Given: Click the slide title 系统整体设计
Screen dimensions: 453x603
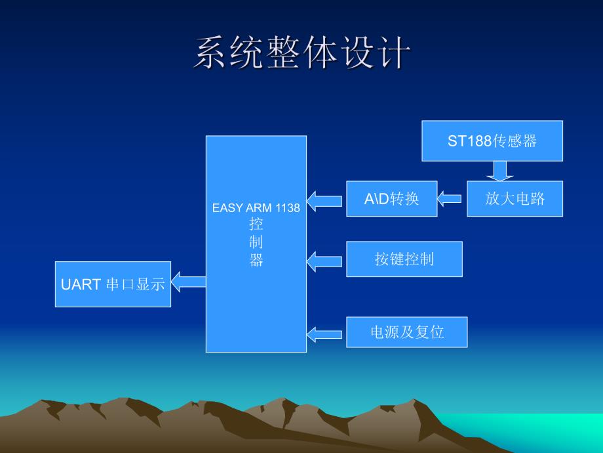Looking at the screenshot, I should click(301, 53).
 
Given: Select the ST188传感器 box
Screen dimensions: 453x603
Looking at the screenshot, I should click(492, 140).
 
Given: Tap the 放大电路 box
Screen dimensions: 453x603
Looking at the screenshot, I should click(515, 198).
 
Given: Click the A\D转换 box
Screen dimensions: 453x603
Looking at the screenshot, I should click(391, 198).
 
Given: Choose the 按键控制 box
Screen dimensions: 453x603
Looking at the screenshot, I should click(404, 259).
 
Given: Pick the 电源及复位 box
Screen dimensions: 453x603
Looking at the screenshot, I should click(406, 332).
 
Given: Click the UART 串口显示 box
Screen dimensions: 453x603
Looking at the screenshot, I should click(113, 284).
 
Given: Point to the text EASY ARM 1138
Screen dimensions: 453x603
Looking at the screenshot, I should click(256, 208).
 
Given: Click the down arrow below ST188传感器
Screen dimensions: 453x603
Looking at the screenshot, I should click(500, 171).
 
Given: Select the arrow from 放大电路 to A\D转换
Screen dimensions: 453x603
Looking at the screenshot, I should click(451, 198).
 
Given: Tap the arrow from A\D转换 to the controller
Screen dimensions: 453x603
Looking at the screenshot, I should click(324, 200).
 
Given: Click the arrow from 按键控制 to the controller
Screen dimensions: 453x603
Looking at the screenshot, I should click(324, 261).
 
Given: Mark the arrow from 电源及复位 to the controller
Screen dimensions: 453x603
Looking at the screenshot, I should click(324, 334).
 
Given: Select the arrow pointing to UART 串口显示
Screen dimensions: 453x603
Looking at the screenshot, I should click(189, 282).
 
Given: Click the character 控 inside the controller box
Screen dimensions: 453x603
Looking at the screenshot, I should click(256, 225).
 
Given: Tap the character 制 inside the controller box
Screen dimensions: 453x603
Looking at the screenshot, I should click(256, 242).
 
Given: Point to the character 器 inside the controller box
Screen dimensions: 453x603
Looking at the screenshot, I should click(256, 261).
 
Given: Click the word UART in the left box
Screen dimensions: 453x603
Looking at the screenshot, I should click(81, 284).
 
